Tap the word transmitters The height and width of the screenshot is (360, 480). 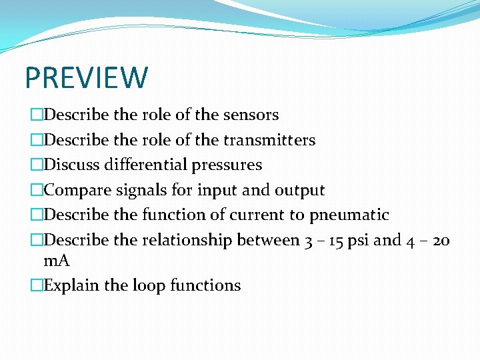tap(269, 140)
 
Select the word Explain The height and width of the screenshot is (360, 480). tap(71, 286)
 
